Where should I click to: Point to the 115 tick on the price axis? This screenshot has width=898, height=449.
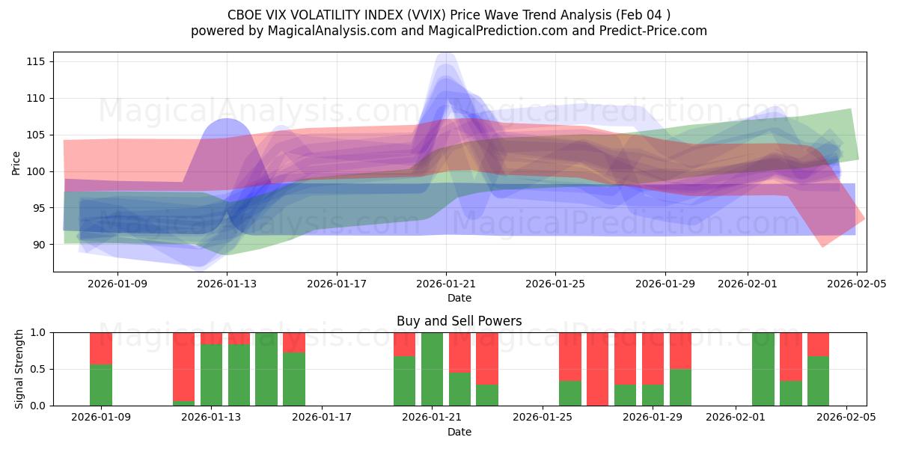(x=35, y=61)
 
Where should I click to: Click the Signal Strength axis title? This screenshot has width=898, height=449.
(x=20, y=369)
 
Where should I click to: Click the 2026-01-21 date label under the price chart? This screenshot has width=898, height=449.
(x=446, y=284)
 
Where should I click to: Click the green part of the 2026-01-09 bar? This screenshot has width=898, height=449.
(x=101, y=385)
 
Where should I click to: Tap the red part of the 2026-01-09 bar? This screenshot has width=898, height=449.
(x=101, y=348)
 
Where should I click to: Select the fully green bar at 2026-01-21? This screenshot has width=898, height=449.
(x=432, y=369)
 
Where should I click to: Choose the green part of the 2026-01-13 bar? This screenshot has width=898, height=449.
(x=211, y=375)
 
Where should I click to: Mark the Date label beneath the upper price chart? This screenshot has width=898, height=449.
(x=459, y=298)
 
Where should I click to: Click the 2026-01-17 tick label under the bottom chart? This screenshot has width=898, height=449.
(x=321, y=418)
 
